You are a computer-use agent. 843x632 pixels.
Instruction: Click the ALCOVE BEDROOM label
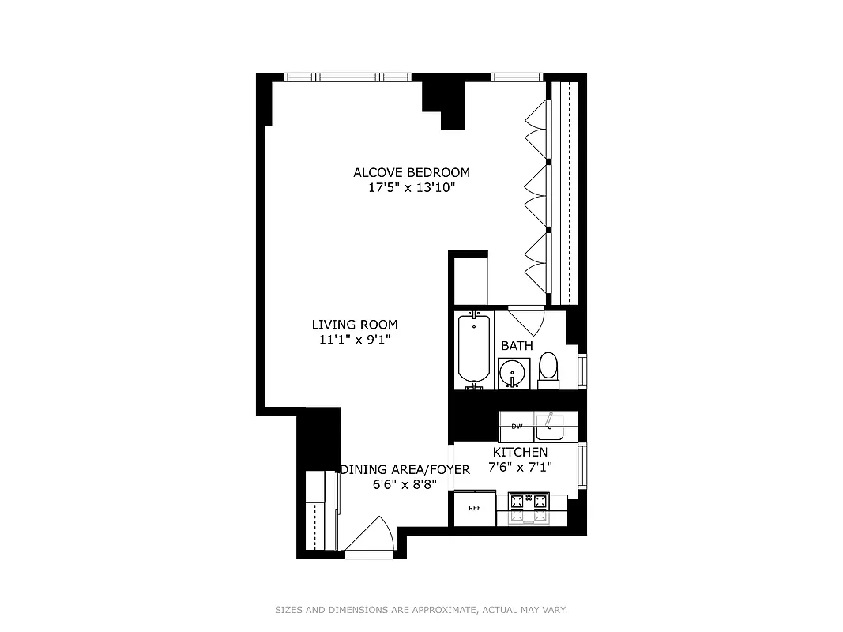(x=411, y=172)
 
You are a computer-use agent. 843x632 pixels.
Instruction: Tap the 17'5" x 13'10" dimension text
(x=411, y=189)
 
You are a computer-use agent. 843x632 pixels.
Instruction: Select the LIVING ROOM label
(x=354, y=324)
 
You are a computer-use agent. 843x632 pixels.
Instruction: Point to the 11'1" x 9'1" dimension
(x=354, y=340)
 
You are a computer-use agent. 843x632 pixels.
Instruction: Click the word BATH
(x=517, y=346)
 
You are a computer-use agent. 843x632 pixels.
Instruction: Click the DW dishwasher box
(x=517, y=427)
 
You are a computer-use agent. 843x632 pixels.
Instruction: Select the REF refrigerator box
(x=474, y=508)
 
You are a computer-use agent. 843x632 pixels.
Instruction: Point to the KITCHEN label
(x=520, y=452)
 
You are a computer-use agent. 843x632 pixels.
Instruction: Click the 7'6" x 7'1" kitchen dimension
(x=520, y=467)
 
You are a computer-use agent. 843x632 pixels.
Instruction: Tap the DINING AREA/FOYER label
(x=405, y=469)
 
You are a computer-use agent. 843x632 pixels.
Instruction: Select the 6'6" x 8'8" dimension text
(x=405, y=484)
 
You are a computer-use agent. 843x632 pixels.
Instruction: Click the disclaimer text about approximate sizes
(x=421, y=610)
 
